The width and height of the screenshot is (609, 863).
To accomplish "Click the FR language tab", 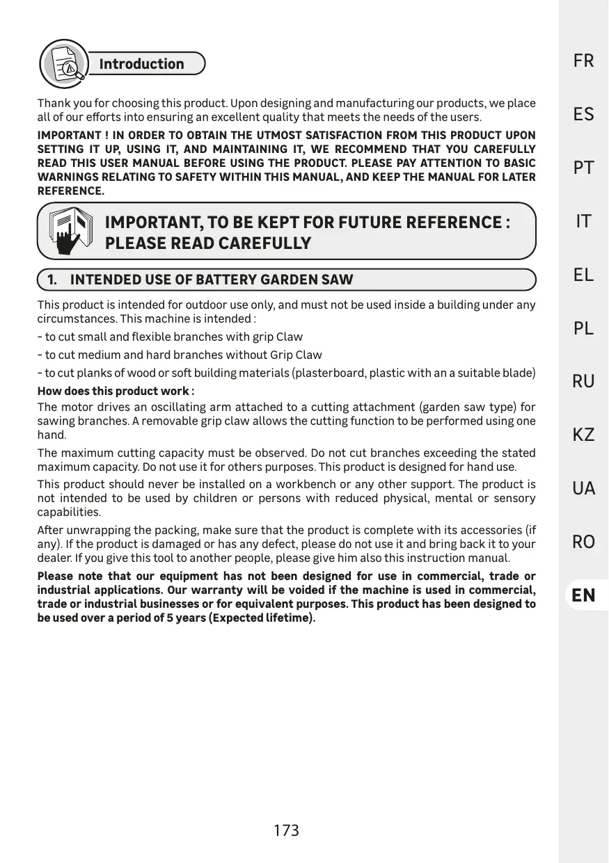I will point(583,61).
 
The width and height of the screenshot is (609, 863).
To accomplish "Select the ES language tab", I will point(583,115).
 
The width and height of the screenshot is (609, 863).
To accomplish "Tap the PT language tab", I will point(583,168).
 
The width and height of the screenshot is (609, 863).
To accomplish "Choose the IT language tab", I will point(583,222).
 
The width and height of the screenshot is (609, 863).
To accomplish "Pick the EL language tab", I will point(583,275).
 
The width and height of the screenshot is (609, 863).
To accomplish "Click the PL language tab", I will point(583,328).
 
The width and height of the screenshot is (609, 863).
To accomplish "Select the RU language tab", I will point(583,382).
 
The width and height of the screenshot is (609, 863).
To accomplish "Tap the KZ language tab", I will point(583,435).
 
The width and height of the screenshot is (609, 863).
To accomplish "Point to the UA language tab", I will point(583,489).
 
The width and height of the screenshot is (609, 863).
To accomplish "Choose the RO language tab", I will point(583,542).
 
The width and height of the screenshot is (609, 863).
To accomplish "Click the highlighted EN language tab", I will point(583,595).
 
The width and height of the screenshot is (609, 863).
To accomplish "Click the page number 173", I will point(286,830).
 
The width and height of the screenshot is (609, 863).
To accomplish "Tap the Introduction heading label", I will point(142,64).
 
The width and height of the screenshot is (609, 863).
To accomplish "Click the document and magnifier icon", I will point(64,63).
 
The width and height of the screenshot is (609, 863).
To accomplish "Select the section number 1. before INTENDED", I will point(52,280).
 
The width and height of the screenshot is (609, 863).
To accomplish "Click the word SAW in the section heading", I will point(337,280).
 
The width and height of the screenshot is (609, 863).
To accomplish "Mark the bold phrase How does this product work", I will point(116,391).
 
